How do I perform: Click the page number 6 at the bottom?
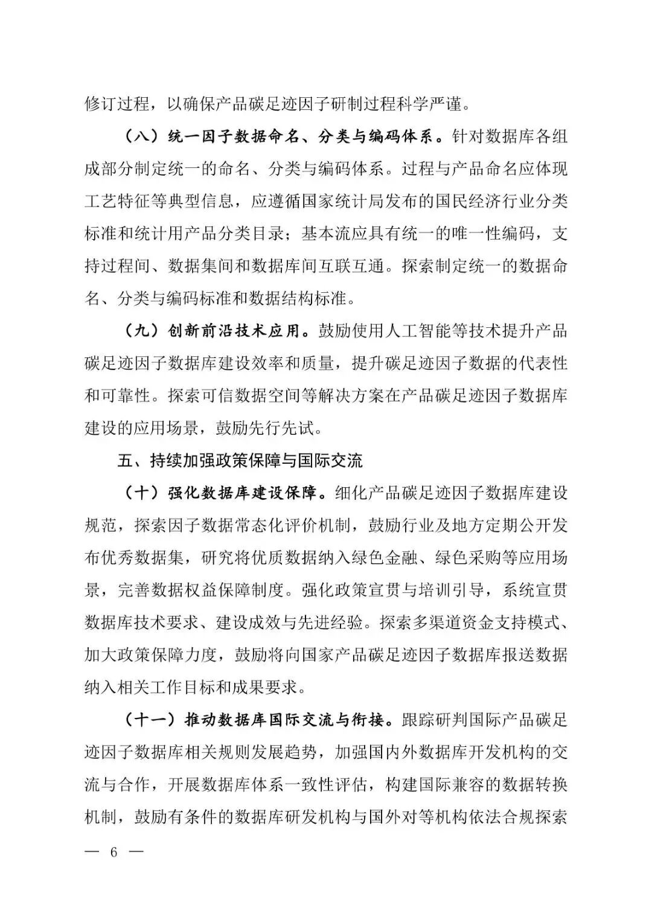113,852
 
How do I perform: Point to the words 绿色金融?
371,558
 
